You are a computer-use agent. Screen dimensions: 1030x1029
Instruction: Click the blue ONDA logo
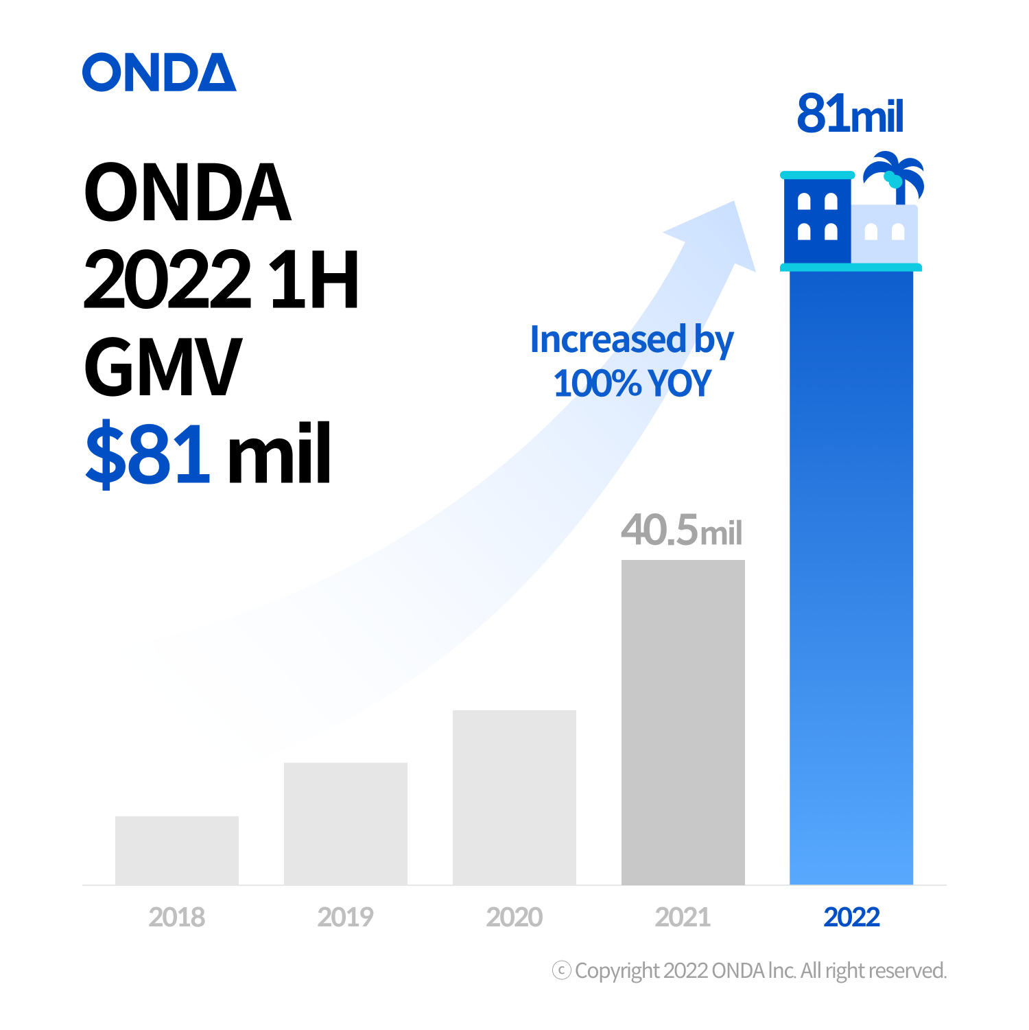tap(159, 72)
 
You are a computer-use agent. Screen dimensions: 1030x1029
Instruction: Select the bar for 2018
tap(177, 850)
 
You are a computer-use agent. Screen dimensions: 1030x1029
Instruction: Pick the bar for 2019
tap(346, 823)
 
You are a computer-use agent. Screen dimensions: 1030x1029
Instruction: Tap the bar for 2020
tap(514, 797)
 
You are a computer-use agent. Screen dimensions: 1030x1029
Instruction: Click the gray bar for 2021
tap(683, 722)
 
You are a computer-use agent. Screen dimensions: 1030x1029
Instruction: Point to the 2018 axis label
tap(177, 917)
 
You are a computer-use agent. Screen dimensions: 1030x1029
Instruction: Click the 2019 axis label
tap(346, 917)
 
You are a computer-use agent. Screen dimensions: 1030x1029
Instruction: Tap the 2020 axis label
tap(514, 917)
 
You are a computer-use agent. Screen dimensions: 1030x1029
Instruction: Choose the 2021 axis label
tap(683, 917)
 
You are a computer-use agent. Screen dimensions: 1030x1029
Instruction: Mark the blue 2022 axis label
tap(851, 917)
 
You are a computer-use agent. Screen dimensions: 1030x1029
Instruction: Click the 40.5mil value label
tap(681, 530)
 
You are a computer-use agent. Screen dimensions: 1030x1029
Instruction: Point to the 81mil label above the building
tap(850, 114)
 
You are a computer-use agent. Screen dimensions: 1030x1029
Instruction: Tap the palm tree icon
tap(895, 175)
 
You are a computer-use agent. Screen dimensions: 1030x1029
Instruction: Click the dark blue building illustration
tap(817, 218)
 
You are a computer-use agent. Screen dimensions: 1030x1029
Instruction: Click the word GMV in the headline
tap(163, 367)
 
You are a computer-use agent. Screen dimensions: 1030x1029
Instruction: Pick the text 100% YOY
tap(632, 383)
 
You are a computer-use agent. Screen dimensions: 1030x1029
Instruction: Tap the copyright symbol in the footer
tap(561, 970)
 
